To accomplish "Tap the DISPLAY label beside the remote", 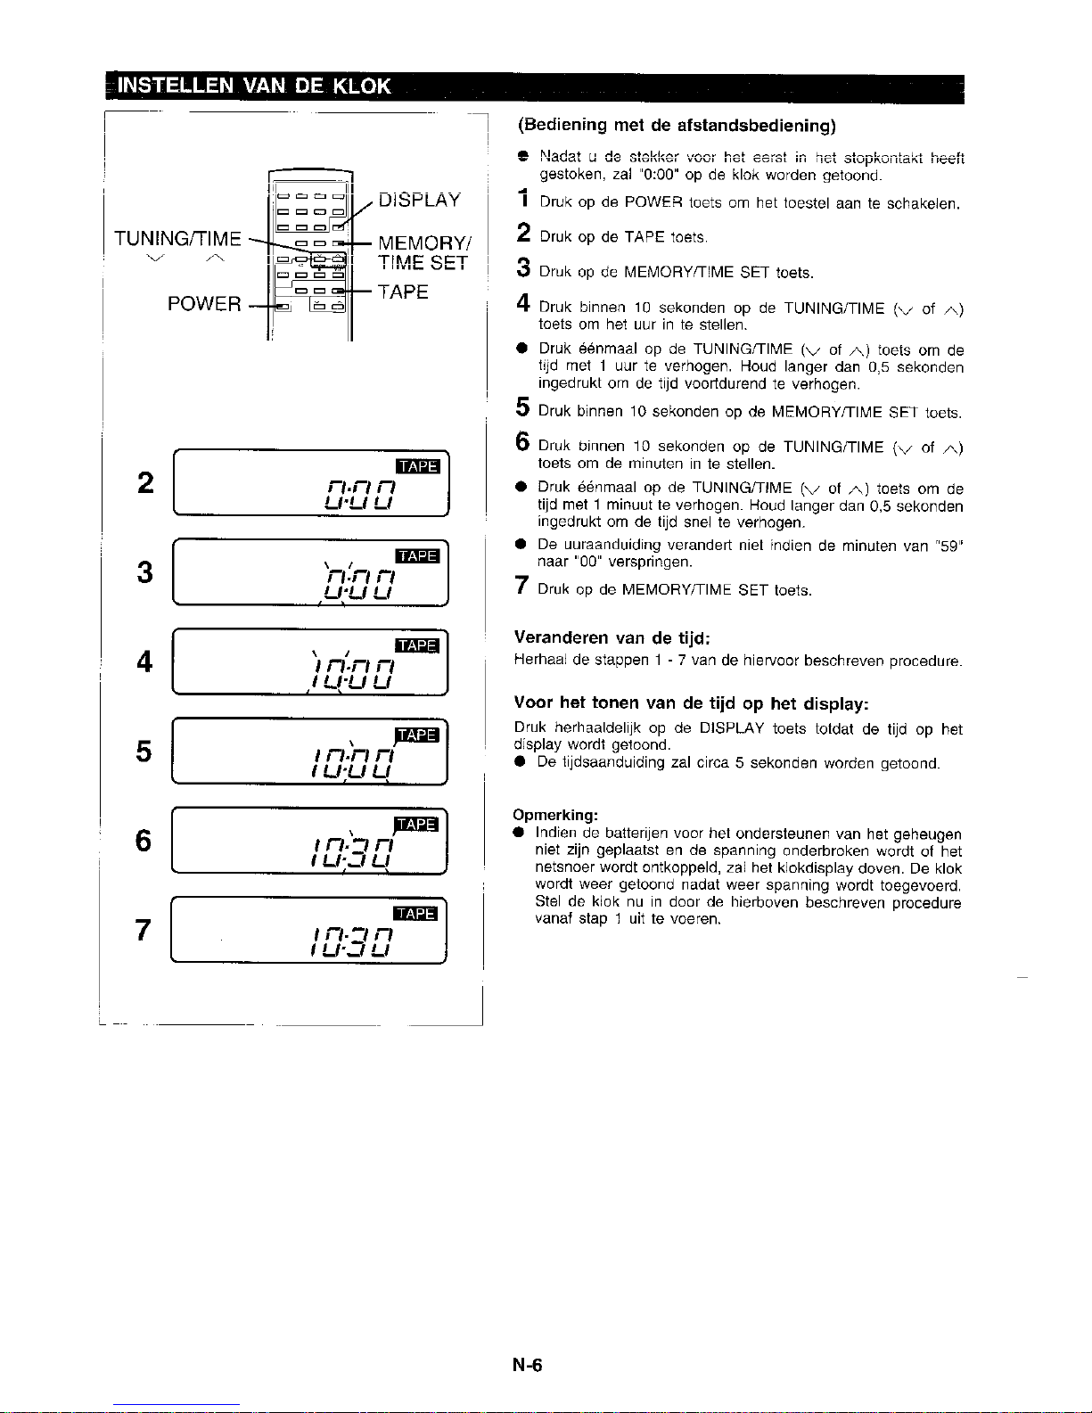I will pyautogui.click(x=419, y=200).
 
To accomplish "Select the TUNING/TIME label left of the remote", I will pyautogui.click(x=177, y=239).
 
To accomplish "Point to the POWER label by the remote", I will pyautogui.click(x=204, y=304).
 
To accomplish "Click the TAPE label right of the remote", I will pyautogui.click(x=403, y=292).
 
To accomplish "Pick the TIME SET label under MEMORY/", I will pyautogui.click(x=423, y=263).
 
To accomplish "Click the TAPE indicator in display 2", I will pyautogui.click(x=417, y=467).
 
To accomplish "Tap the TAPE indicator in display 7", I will pyautogui.click(x=415, y=914).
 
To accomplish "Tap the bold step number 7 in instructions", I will pyautogui.click(x=524, y=587).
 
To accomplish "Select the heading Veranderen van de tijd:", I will pyautogui.click(x=612, y=637).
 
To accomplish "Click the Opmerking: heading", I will pyautogui.click(x=555, y=815).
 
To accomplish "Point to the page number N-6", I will pyautogui.click(x=527, y=1365).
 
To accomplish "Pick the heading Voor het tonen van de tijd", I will pyautogui.click(x=690, y=703).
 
